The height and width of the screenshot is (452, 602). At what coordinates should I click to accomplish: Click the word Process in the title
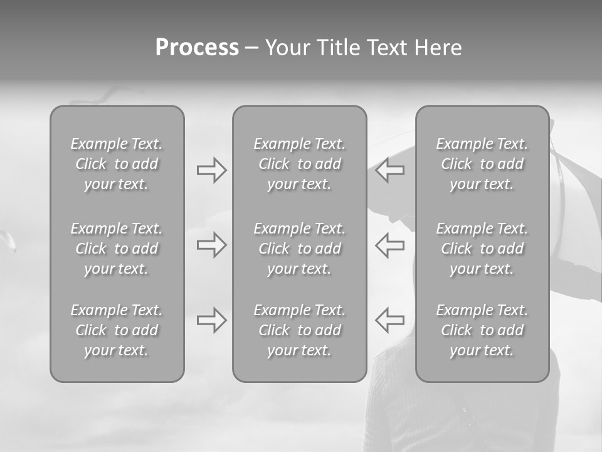[x=197, y=48]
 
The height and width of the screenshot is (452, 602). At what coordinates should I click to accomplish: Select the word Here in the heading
[x=438, y=48]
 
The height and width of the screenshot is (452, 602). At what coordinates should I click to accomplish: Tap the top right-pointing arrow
[x=211, y=170]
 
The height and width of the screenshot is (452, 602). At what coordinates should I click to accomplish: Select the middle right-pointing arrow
[x=211, y=245]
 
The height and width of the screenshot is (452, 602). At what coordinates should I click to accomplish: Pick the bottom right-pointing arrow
[x=211, y=320]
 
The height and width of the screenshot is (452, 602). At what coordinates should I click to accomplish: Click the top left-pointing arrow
[x=389, y=170]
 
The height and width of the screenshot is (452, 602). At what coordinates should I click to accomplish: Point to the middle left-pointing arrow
[x=389, y=245]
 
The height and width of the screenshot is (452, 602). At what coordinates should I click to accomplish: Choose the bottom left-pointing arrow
[x=389, y=320]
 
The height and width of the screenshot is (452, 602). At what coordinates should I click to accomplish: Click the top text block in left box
[x=117, y=164]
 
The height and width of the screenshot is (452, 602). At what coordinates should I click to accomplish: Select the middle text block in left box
[x=117, y=249]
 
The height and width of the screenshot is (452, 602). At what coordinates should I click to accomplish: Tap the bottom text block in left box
[x=117, y=330]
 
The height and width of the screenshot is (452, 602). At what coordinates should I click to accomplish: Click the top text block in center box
[x=299, y=164]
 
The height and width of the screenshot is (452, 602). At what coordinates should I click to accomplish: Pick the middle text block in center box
[x=299, y=249]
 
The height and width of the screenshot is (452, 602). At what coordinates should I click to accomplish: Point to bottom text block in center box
[x=299, y=330]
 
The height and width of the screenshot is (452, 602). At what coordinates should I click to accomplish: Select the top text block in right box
[x=482, y=164]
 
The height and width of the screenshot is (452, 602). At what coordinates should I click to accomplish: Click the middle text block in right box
[x=482, y=249]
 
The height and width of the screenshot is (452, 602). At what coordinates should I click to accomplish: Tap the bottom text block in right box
[x=482, y=330]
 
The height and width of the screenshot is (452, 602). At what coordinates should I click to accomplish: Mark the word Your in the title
[x=286, y=48]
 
